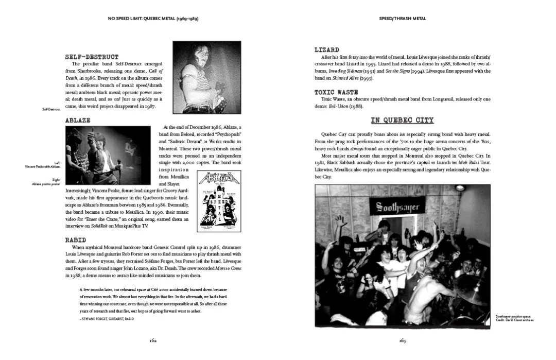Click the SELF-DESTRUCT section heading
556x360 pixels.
coord(92,57)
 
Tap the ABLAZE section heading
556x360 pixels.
coord(78,120)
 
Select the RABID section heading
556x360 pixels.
coord(76,240)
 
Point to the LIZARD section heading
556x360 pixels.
coord(327,50)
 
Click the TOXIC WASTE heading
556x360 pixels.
coord(336,92)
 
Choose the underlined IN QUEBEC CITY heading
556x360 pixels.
coord(402,121)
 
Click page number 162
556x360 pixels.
coord(153,340)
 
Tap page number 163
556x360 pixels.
coord(403,340)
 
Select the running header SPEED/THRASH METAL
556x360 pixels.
coord(403,19)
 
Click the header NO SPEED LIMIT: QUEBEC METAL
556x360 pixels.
coord(153,19)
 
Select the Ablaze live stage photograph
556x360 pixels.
coord(108,156)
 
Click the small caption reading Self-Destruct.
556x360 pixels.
coord(51,109)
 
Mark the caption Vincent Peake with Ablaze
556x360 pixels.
coord(43,166)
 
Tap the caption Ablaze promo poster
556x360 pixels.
coord(46,184)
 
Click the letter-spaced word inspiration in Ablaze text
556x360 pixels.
coord(171,169)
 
